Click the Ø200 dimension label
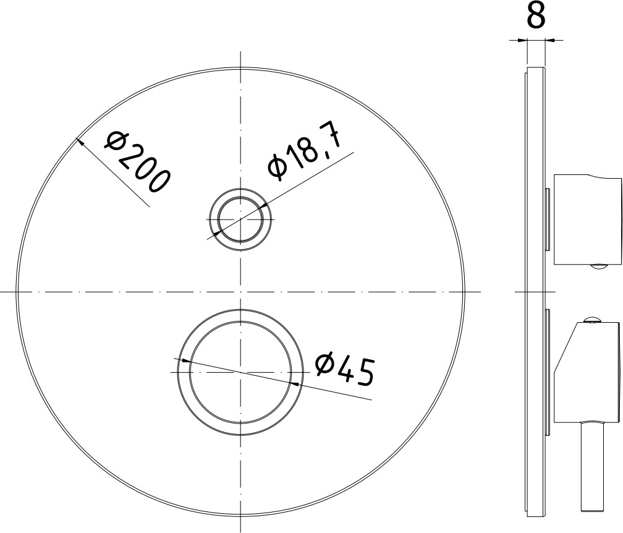click(x=137, y=163)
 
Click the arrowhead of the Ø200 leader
click(x=80, y=142)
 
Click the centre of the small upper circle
click(x=240, y=220)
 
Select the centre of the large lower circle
click(x=240, y=372)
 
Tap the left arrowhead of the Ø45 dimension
click(x=184, y=360)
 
